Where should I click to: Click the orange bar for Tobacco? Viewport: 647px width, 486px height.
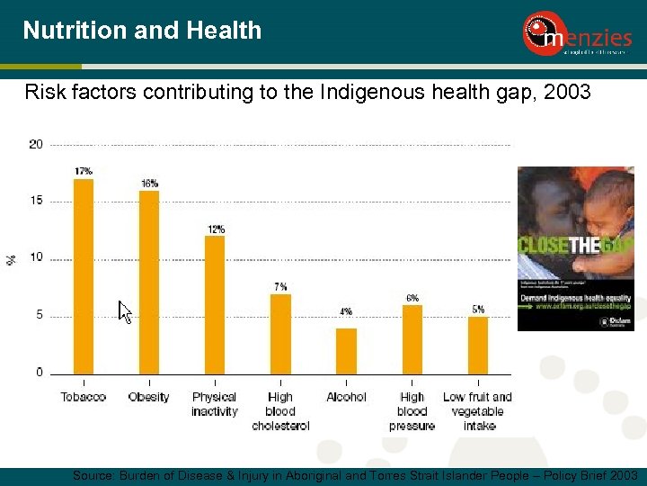coord(84,275)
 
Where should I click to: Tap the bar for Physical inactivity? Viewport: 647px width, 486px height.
coord(215,304)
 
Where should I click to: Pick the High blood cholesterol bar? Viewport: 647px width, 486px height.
coord(280,333)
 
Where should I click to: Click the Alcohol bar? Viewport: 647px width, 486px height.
coord(346,350)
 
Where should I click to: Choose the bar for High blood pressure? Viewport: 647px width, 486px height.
coord(412,338)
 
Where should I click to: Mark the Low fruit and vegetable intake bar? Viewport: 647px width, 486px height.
coord(478,345)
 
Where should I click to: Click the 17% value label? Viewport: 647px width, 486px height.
coord(84,171)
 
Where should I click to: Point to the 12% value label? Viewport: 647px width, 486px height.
coord(215,229)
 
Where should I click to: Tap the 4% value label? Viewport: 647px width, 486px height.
coord(346,311)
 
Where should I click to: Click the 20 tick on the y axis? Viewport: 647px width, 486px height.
coord(36,144)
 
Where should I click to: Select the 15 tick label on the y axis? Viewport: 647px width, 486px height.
coord(36,201)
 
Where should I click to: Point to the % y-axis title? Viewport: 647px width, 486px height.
coord(12,259)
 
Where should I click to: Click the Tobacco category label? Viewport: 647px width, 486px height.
coord(84,397)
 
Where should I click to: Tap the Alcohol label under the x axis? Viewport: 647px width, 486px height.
coord(346,397)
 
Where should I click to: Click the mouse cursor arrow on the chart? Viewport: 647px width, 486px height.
coord(125,311)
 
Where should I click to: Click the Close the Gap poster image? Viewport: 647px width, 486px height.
coord(575,248)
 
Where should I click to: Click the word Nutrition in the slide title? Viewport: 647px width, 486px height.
coord(75,31)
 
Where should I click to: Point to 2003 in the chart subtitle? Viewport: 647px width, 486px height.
coord(568,91)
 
